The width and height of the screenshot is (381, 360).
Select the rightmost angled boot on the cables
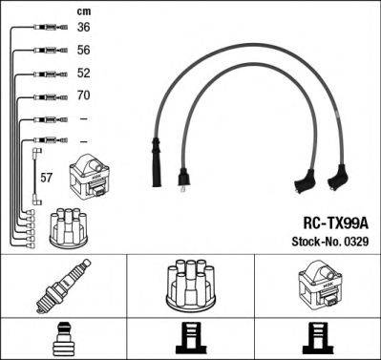(x=339, y=177)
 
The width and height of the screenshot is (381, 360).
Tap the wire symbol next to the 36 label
(x=43, y=27)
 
